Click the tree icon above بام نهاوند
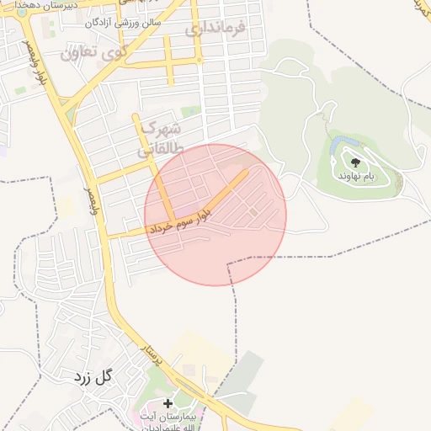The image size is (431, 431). tap(354, 162)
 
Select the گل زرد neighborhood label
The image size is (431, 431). tap(92, 376)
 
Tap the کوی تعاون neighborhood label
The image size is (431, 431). tap(93, 52)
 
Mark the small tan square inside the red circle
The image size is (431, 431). tap(253, 211)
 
